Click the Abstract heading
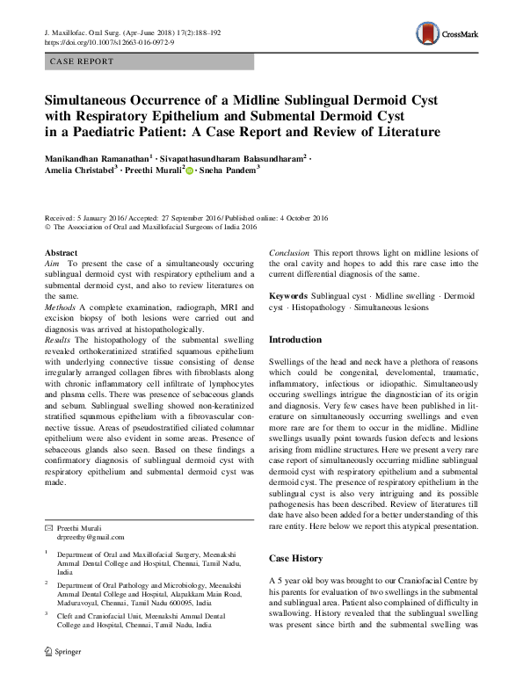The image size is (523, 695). [x=61, y=253]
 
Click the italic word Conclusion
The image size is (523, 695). [x=289, y=253]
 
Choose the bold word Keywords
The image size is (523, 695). [x=288, y=296]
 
